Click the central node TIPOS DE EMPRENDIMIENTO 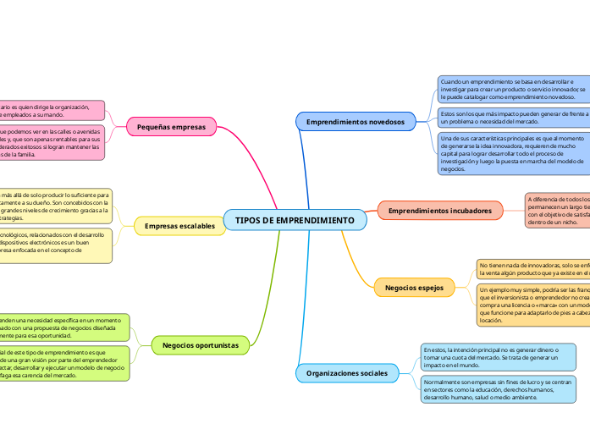(295, 220)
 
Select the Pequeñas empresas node (172, 127)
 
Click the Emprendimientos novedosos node (356, 122)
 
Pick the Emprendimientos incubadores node (439, 210)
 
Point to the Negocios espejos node (414, 288)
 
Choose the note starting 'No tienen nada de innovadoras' (532, 269)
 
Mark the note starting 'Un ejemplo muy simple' (532, 305)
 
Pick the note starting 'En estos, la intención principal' (498, 356)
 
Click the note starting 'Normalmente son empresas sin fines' (498, 389)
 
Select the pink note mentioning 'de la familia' (51, 144)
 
